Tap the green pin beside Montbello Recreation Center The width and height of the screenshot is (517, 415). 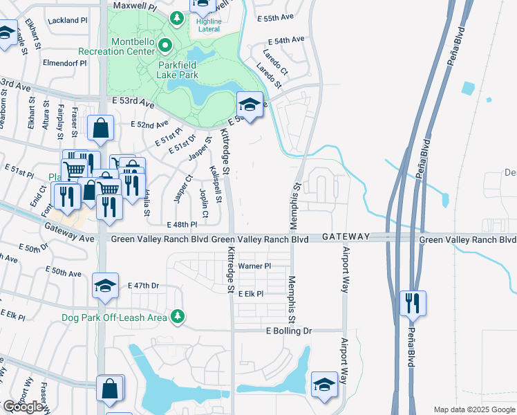[165, 46]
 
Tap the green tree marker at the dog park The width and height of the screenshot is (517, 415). [178, 316]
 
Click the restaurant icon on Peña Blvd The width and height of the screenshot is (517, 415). [413, 303]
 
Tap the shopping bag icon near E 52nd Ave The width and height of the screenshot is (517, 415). [100, 128]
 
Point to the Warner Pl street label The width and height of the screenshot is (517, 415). [254, 266]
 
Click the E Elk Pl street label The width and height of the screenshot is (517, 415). [251, 294]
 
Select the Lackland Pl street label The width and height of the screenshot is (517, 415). [68, 21]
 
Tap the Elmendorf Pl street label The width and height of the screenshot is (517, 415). [64, 63]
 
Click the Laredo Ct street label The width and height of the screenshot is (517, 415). [275, 62]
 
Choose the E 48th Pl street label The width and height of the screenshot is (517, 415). [182, 225]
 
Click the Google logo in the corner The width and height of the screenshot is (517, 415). [23, 407]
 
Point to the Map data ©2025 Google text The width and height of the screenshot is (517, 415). [474, 409]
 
